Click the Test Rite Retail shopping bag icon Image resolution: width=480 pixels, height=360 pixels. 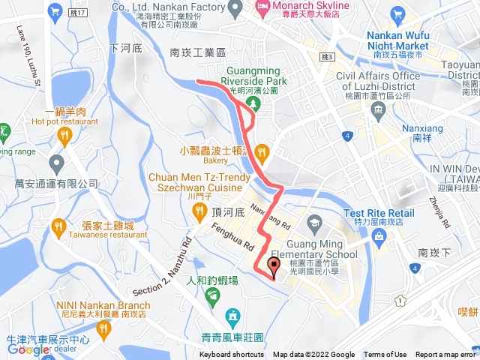pyautogui.click(x=378, y=238)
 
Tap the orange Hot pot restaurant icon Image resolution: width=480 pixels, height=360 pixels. pyautogui.click(x=64, y=136)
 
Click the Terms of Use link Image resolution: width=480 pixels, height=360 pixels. pyautogui.click(x=385, y=355)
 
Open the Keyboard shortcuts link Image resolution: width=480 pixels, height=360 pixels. pyautogui.click(x=232, y=355)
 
